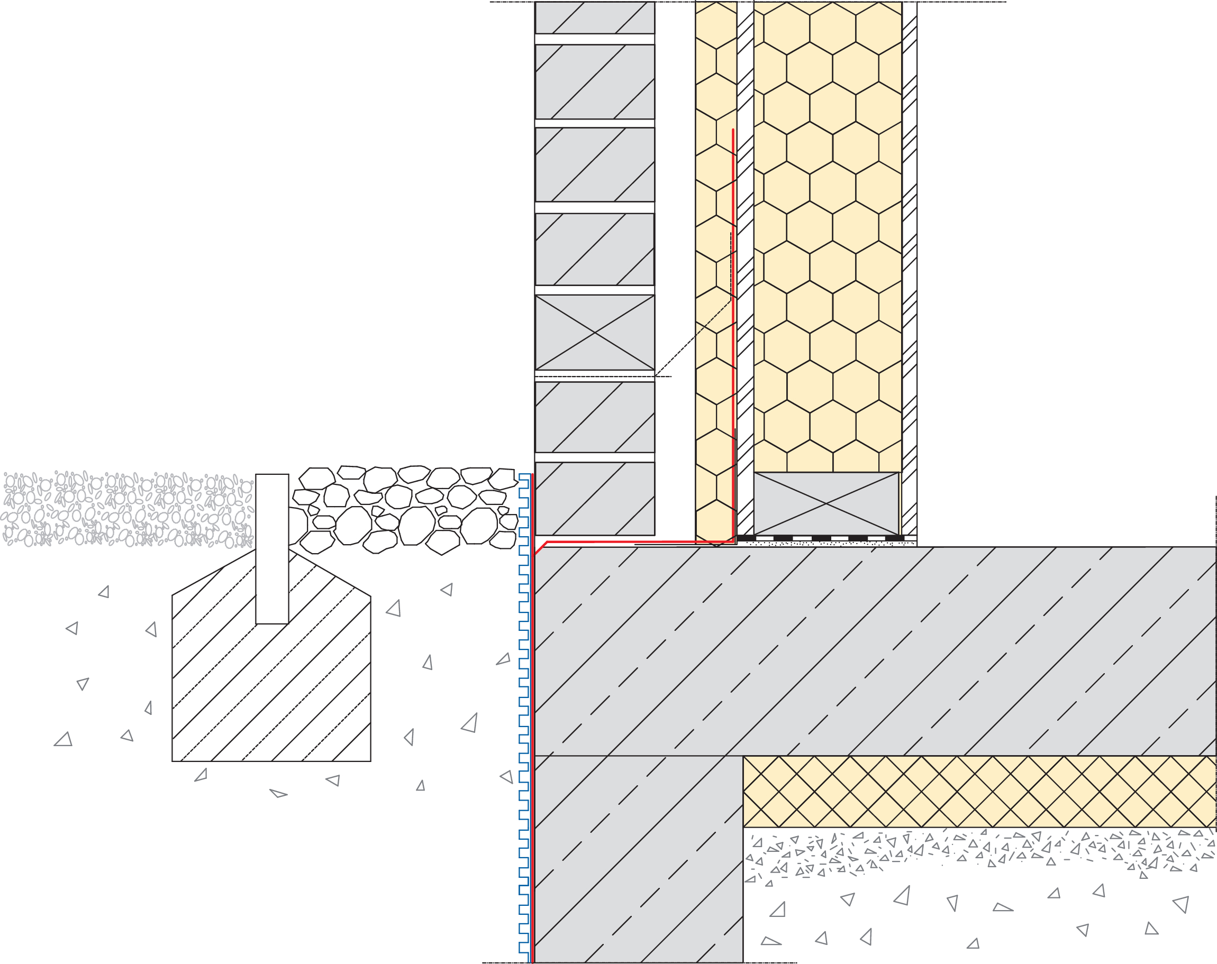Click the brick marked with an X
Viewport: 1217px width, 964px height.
click(x=595, y=332)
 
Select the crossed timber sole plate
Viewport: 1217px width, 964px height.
click(x=826, y=503)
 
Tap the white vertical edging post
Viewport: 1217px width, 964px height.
click(x=272, y=548)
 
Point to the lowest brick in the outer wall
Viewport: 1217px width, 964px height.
click(x=595, y=499)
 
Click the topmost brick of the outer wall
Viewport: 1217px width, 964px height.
click(x=595, y=17)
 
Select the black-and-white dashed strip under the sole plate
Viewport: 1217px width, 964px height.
click(x=824, y=538)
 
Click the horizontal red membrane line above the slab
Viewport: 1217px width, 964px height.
click(x=638, y=542)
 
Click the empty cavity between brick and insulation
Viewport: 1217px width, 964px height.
click(x=675, y=226)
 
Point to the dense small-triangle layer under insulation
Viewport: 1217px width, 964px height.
click(x=977, y=851)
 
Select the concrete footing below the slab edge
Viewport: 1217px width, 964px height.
click(x=638, y=857)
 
